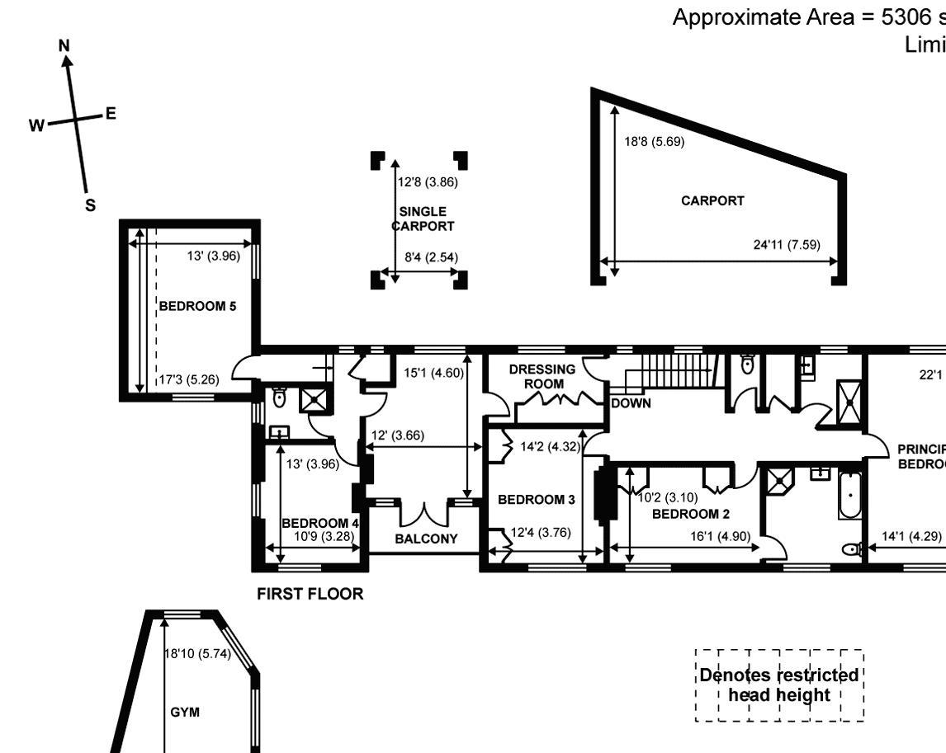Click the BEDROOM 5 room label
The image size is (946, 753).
point(197,306)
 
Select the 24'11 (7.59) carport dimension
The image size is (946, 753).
point(786,244)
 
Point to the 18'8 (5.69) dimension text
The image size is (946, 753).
point(654,141)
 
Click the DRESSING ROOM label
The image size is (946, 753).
point(542,377)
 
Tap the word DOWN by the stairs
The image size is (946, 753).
point(631,403)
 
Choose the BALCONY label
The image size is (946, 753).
point(426,539)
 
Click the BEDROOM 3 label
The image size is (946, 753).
point(536,499)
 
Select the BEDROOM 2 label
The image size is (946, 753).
point(691,514)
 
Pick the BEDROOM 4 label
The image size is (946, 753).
point(320,523)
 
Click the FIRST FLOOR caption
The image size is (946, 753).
point(310,594)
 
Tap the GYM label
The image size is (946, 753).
point(185,712)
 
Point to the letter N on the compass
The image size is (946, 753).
point(64,47)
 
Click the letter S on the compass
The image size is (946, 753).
point(90,205)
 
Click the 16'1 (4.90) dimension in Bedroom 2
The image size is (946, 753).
point(721,536)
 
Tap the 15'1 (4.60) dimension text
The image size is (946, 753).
point(433,372)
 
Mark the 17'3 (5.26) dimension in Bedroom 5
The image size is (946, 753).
point(189,380)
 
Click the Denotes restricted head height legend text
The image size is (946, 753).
point(778,685)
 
